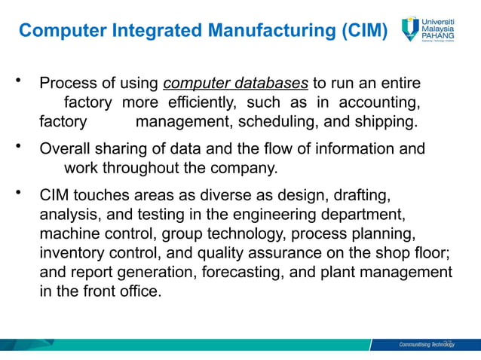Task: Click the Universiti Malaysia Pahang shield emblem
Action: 410,28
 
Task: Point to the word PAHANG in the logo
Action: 442,37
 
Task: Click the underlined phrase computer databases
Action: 235,82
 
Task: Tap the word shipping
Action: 381,121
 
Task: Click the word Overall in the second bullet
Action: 63,148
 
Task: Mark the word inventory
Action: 69,252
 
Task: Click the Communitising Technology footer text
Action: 427,345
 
